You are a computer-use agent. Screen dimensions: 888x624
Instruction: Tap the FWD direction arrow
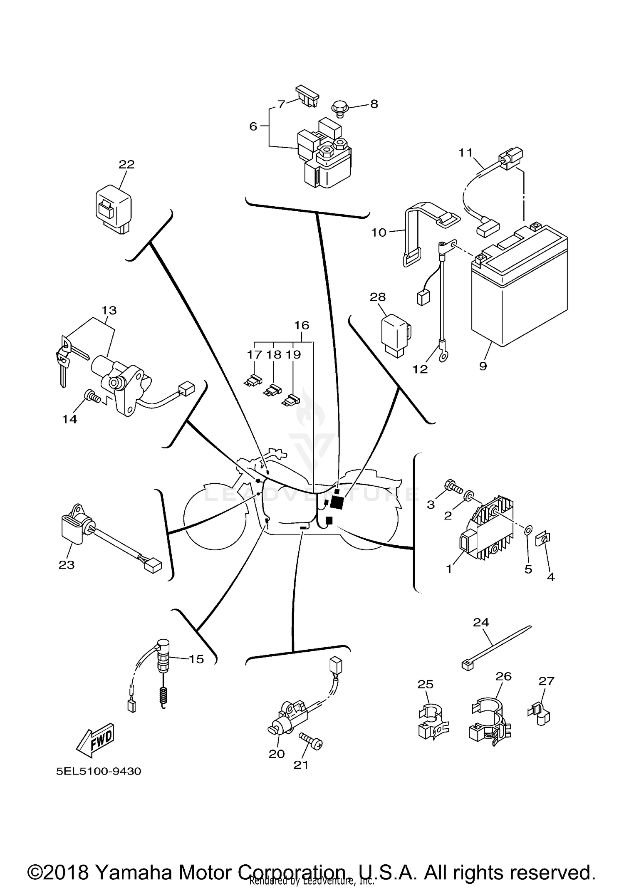click(x=95, y=740)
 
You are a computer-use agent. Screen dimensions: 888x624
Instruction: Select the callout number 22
click(x=126, y=165)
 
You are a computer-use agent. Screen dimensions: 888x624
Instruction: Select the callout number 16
click(x=302, y=325)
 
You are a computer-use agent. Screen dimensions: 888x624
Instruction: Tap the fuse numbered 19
click(x=291, y=401)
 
